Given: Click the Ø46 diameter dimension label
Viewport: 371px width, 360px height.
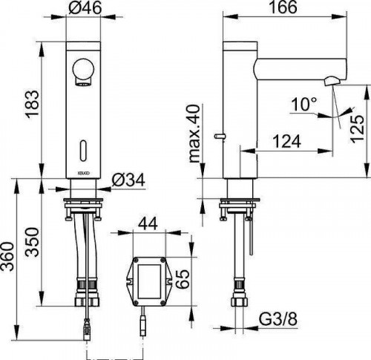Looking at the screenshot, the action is [x=85, y=7].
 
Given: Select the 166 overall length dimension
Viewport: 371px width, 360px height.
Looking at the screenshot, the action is [x=283, y=7].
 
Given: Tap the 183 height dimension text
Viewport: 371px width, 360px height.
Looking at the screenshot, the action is [x=33, y=103].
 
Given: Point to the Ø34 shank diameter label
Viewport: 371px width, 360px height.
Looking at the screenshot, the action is [x=128, y=180].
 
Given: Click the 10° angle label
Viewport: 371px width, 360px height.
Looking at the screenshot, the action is [x=304, y=104].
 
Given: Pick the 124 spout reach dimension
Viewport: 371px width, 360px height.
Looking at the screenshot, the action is [x=287, y=141].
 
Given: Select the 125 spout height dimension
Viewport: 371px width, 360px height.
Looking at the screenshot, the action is [x=358, y=128].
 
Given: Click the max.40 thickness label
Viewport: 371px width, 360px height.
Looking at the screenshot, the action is [x=194, y=134].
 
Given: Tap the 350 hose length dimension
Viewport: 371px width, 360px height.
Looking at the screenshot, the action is [x=33, y=242].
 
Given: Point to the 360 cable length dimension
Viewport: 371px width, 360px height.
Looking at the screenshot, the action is [x=7, y=257].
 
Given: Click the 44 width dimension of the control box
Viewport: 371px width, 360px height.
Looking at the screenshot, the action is [x=148, y=224].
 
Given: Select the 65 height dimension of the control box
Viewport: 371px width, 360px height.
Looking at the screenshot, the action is [x=183, y=279].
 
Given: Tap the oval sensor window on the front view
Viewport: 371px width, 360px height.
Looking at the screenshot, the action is [x=84, y=151].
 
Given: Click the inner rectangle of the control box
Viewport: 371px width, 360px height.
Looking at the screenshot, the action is [x=149, y=281].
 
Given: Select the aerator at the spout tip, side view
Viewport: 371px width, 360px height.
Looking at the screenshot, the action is [x=332, y=81].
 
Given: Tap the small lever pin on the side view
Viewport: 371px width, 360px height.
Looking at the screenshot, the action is [x=219, y=136].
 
